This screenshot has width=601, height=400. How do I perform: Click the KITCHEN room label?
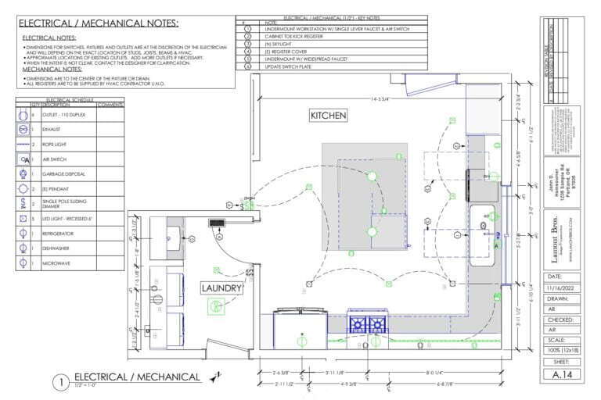328,115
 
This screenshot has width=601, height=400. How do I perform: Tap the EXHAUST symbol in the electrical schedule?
23,130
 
